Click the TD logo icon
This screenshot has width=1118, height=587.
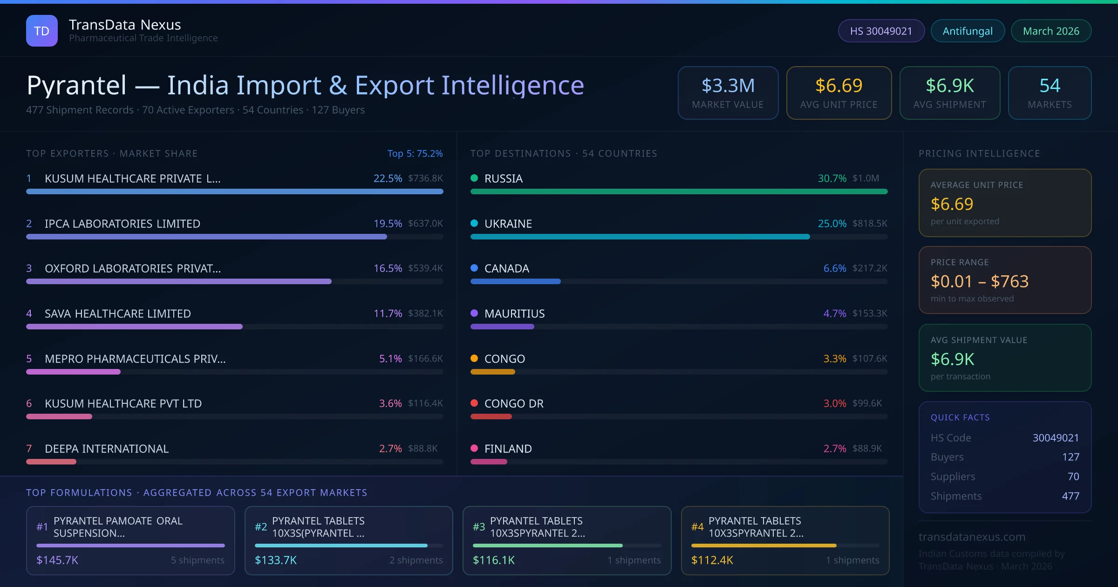[42, 31]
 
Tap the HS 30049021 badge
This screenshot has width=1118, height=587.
[880, 31]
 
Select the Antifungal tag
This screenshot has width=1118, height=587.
[967, 31]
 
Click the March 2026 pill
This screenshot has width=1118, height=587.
[1050, 31]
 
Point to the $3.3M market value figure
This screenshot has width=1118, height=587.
[728, 86]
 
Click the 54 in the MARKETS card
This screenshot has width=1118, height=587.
[1050, 86]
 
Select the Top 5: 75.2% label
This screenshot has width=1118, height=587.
[415, 153]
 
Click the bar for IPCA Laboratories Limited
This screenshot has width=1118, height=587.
[206, 237]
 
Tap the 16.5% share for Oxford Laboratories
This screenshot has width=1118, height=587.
[387, 268]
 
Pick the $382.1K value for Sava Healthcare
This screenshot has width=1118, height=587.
[425, 314]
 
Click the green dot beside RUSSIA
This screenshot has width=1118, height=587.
[474, 178]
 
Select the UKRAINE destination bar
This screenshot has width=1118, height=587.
[640, 237]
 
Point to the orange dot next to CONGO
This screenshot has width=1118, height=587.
[474, 358]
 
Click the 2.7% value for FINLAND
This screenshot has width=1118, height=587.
[834, 449]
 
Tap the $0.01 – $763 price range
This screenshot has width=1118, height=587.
[979, 281]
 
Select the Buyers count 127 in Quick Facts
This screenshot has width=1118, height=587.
[1070, 457]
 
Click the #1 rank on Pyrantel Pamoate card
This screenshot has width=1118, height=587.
[42, 527]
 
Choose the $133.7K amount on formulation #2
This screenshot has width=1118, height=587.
[275, 560]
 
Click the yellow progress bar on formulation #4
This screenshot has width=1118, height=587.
[764, 546]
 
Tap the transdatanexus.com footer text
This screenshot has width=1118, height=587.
[971, 537]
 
